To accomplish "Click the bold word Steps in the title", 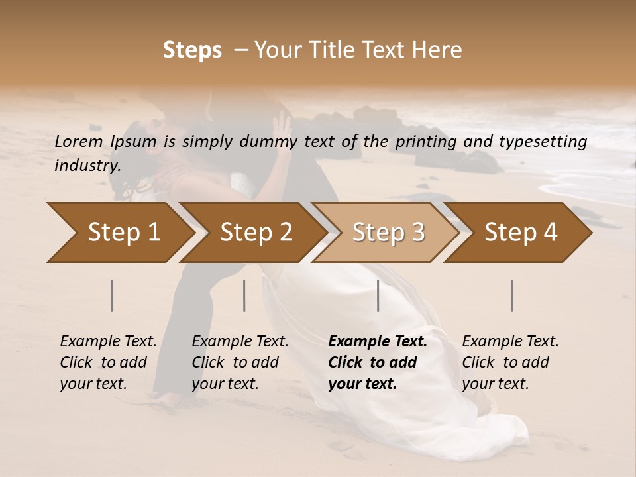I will point(192,50).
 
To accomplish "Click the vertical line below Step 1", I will point(112,295).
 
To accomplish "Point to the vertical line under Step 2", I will point(244,295).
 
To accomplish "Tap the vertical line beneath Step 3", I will point(378,295).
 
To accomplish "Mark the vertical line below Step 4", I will point(512,295).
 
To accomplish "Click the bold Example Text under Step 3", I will point(378,342).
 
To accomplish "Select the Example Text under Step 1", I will point(108,342).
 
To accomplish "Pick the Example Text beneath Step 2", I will point(240,342).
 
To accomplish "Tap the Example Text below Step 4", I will point(510,342).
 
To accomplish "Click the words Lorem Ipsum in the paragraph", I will point(105,142).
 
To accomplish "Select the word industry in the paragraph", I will point(87,166).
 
